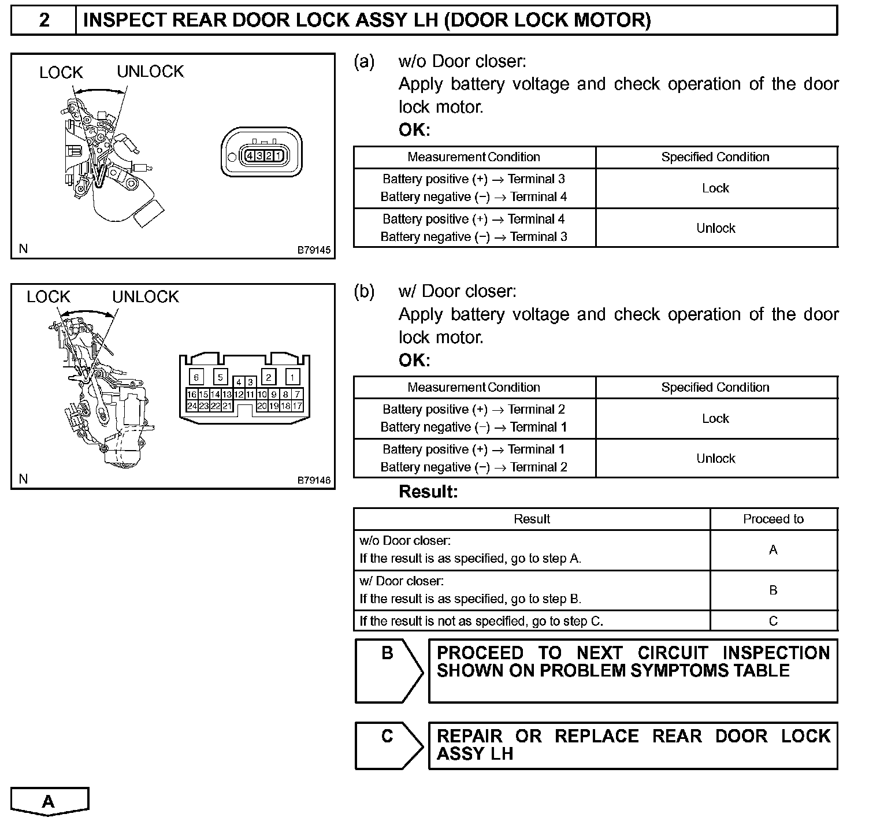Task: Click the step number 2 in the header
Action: coord(44,21)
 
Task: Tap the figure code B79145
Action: coord(314,250)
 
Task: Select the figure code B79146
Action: coord(314,480)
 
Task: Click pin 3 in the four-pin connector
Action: coord(259,155)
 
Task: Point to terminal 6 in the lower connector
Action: coord(196,377)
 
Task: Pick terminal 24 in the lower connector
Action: coord(192,406)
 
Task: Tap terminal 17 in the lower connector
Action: coord(297,406)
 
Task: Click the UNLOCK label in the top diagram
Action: coord(150,72)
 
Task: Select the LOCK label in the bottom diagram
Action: coord(48,297)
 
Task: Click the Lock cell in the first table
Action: coord(715,188)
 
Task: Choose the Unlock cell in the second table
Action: coord(715,458)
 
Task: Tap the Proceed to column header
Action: coord(773,519)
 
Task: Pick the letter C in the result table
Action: coord(773,621)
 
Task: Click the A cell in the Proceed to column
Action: coord(773,550)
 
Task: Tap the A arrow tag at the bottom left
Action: coord(49,801)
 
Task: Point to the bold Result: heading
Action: coord(428,492)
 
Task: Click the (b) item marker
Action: coord(364,291)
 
